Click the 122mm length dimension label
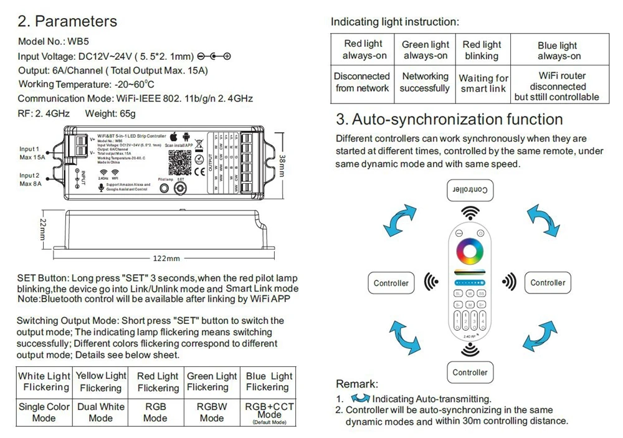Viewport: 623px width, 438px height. [166, 258]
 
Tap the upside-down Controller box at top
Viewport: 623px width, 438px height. [470, 189]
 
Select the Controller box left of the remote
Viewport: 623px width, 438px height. [391, 283]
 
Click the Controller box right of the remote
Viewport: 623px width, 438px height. [548, 283]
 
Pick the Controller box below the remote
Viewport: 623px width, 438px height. [470, 373]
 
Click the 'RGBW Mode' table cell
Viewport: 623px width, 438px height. [212, 412]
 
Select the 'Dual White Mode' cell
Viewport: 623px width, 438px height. [100, 412]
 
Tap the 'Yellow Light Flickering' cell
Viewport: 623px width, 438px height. [100, 381]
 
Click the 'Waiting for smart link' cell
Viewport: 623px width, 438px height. [483, 83]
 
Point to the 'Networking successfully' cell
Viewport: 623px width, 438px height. [425, 82]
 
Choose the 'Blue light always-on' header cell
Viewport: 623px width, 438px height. [558, 50]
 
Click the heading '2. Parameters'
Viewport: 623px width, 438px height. [67, 21]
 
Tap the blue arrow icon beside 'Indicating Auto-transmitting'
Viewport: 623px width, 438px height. [361, 398]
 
